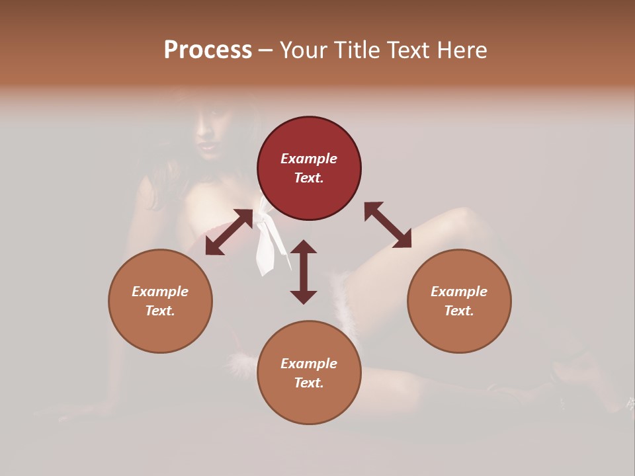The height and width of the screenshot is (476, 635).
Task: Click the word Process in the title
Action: click(x=208, y=50)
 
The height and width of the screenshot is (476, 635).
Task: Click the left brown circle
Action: click(x=160, y=301)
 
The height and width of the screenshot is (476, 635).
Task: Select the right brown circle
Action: click(x=459, y=301)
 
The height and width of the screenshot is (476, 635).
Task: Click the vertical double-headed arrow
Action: click(x=304, y=272)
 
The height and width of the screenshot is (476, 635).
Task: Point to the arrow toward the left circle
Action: click(x=229, y=232)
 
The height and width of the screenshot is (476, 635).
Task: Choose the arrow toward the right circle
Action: click(x=388, y=225)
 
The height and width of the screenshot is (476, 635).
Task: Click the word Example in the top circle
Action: click(x=309, y=159)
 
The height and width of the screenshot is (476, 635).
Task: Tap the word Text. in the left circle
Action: click(x=160, y=311)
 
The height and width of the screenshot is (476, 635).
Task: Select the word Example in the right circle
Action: click(x=459, y=292)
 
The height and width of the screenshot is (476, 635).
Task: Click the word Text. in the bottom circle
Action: click(x=309, y=383)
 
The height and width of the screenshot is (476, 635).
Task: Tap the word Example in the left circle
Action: click(x=160, y=292)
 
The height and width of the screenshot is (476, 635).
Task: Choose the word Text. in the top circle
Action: click(x=309, y=178)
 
